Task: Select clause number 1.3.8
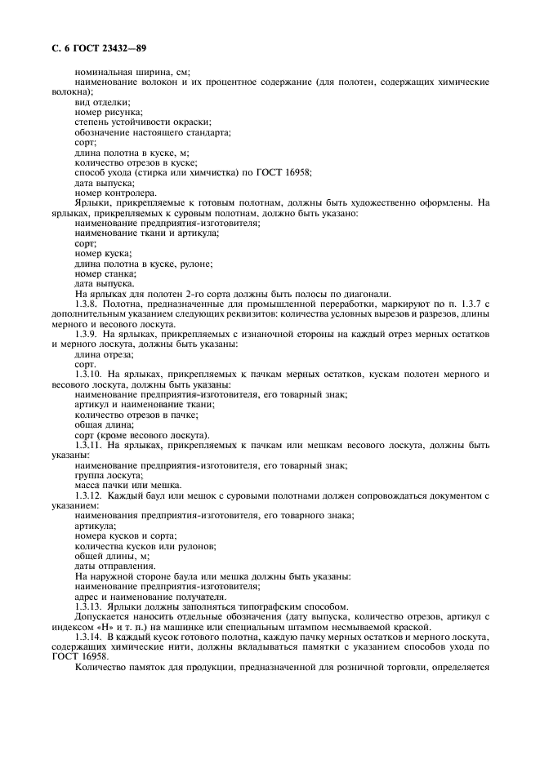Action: point(87,304)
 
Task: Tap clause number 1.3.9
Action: point(87,333)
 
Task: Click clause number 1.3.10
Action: point(89,374)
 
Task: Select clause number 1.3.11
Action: point(89,444)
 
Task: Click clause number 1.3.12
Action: point(89,495)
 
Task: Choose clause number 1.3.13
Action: point(89,606)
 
